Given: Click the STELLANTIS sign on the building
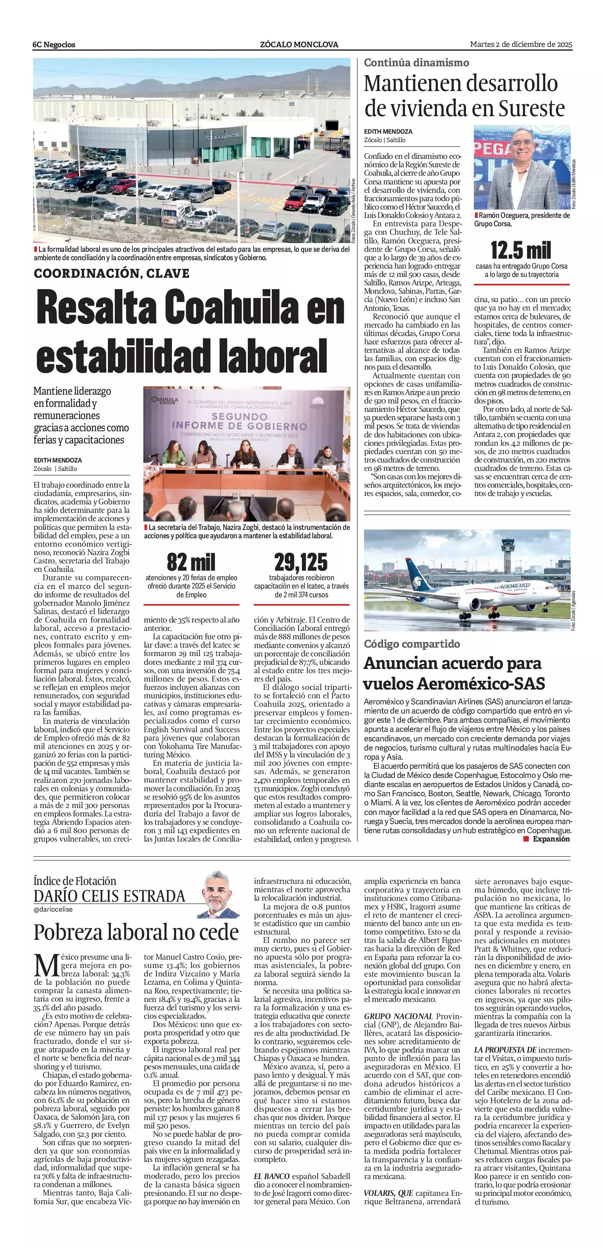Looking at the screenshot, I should click(x=222, y=138).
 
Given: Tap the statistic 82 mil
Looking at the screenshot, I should click(x=191, y=562).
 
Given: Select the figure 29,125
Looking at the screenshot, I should click(x=301, y=562).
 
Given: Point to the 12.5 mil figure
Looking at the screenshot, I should click(x=521, y=250).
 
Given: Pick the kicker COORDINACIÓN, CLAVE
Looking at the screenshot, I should click(x=111, y=273).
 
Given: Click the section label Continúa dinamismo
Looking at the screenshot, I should click(x=416, y=62).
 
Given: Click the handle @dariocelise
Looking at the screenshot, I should click(x=53, y=909).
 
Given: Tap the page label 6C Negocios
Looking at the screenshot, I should click(x=54, y=45).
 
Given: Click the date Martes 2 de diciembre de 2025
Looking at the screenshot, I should click(x=521, y=45).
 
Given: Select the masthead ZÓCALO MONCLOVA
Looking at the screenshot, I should click(x=299, y=45).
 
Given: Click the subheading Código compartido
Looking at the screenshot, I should click(x=412, y=644).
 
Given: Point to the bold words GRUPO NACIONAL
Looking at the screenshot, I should click(x=398, y=1016).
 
